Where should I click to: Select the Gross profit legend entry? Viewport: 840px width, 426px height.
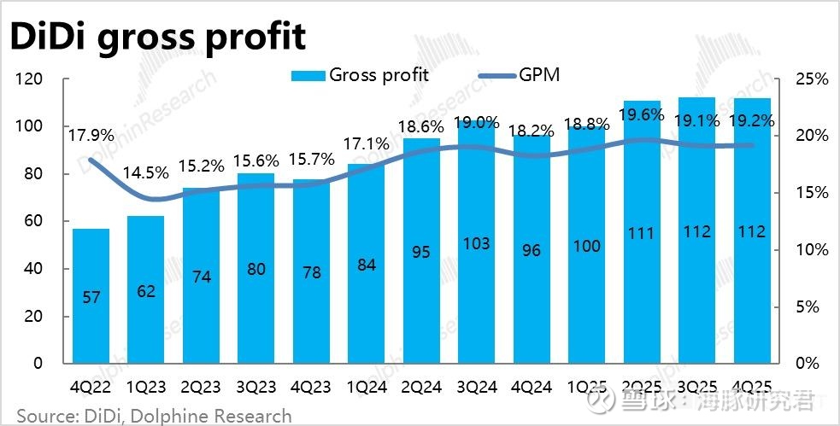360,74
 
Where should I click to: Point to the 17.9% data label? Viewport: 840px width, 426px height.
91,134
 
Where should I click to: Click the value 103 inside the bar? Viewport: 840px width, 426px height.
476,243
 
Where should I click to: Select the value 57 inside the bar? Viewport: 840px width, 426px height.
91,297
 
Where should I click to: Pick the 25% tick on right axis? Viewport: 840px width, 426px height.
811,79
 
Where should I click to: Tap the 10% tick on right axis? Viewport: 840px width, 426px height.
811,250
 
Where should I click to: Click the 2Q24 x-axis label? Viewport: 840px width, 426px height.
421,386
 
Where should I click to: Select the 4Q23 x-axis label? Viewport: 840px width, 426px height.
311,386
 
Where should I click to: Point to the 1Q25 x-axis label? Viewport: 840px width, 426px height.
587,386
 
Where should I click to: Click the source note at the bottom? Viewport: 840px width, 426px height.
154,416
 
